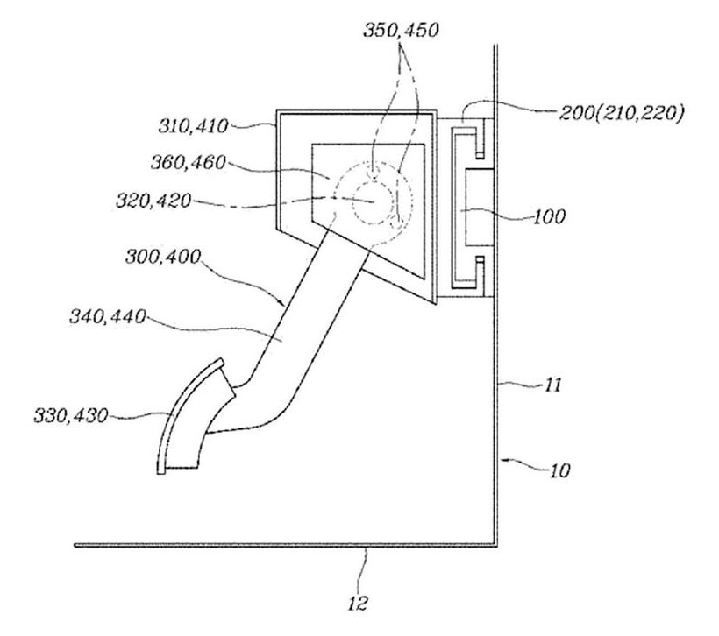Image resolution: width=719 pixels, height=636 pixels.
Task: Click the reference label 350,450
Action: pos(402,30)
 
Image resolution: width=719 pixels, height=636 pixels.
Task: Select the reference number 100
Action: pos(549,216)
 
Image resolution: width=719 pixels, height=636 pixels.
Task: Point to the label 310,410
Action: pos(193,126)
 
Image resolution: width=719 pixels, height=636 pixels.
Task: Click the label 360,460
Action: pos(189,162)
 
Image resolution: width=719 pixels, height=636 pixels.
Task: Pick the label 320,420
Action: pos(153,201)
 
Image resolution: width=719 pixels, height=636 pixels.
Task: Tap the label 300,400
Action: pos(163,257)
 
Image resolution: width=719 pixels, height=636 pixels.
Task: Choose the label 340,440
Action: pos(107,316)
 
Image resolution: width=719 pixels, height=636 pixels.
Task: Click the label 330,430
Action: pos(71,416)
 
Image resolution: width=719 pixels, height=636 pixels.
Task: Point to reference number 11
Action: pos(552,385)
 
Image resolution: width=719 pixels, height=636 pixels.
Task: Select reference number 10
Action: pos(559,470)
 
